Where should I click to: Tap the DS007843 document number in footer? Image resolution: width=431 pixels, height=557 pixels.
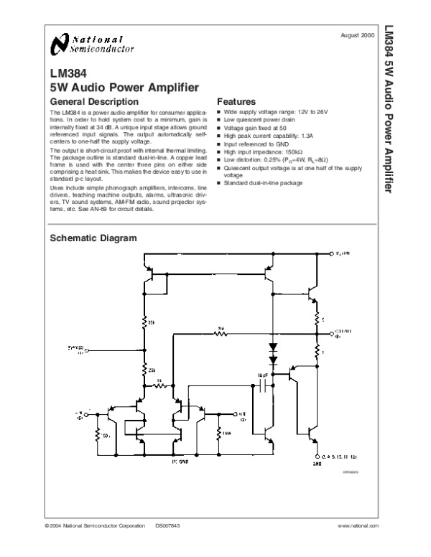click(169, 527)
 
